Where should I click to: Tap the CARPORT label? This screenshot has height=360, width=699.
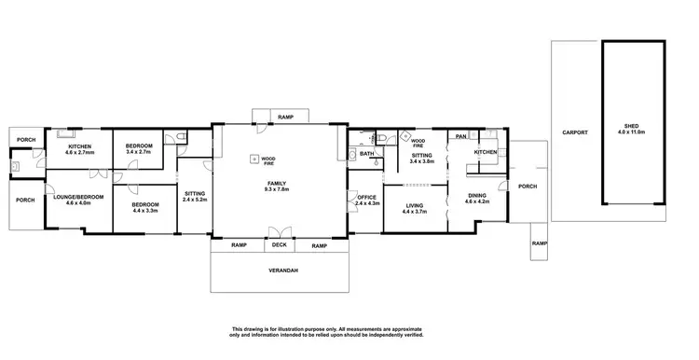[574, 133]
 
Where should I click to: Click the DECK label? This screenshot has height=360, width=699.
[280, 246]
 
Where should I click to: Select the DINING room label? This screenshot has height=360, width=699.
[477, 195]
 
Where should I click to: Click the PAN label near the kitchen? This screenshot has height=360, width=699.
[460, 137]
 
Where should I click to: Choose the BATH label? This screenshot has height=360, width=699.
[367, 154]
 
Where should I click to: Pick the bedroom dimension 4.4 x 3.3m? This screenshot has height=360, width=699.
[144, 211]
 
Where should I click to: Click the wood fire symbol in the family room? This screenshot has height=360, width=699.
[253, 159]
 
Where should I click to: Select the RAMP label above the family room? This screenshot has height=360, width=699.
[286, 118]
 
